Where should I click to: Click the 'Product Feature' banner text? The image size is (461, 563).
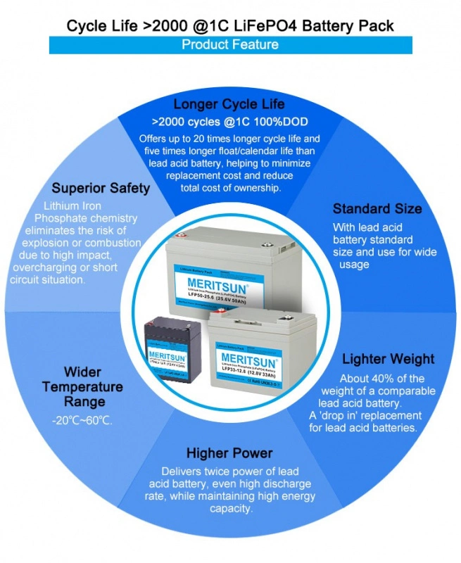pos(230,45)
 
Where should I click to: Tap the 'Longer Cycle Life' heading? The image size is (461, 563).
pos(229,105)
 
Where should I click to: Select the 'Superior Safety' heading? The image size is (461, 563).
pos(101,189)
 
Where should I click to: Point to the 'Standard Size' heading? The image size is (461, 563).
pos(377,208)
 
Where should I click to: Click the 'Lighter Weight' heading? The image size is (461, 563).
pos(379,360)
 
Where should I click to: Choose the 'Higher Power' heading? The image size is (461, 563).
pos(229,453)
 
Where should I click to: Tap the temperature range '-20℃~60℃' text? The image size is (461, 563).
pos(82,420)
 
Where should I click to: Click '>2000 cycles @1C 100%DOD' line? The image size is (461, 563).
pos(229,121)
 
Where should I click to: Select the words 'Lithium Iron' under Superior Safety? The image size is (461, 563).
pos(72,206)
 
